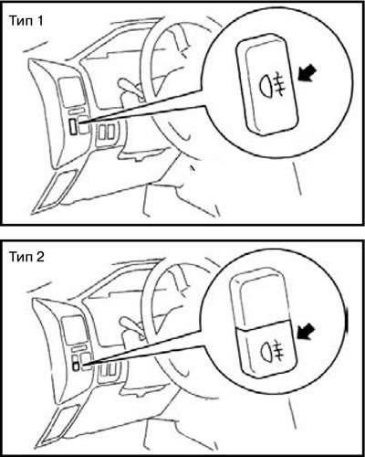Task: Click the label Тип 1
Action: [x=26, y=21]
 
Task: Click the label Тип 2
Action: [x=26, y=257]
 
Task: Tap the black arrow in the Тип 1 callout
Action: [x=307, y=74]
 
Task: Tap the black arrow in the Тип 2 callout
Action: [x=307, y=331]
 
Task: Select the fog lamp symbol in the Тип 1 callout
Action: [x=273, y=87]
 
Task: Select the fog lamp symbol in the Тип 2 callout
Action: [x=271, y=350]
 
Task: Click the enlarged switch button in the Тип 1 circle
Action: [x=267, y=84]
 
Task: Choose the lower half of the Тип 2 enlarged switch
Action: [x=266, y=349]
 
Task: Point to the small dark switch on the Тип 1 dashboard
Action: [x=73, y=126]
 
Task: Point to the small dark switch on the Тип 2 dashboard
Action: [x=76, y=366]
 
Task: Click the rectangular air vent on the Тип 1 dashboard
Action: [x=70, y=89]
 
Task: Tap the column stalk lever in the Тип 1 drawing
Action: [x=130, y=86]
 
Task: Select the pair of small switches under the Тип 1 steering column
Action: [x=107, y=133]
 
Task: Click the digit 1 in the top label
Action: [x=39, y=21]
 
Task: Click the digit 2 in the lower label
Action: [x=40, y=257]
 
